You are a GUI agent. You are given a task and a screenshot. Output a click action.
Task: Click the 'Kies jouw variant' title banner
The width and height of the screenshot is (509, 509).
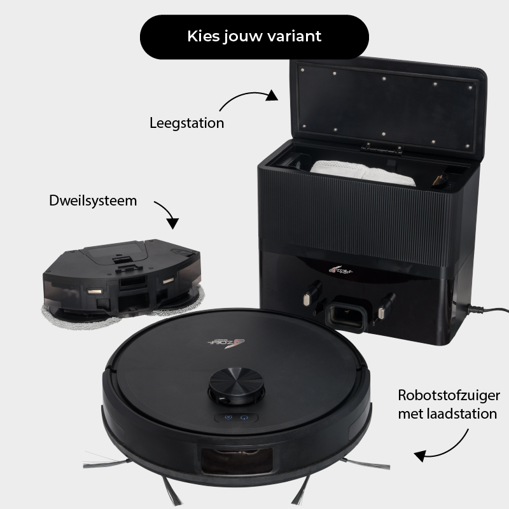coord(254,36)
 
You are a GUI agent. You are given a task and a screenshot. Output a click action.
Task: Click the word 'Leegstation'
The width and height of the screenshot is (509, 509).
coord(186,123)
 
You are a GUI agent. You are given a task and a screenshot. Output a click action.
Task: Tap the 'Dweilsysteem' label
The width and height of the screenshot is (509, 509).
coord(93,200)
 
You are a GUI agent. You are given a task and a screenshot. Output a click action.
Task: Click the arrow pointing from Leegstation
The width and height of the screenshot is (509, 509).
coord(248,101)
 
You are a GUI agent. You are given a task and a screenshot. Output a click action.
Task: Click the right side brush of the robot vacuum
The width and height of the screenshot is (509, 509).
coord(356,462)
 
